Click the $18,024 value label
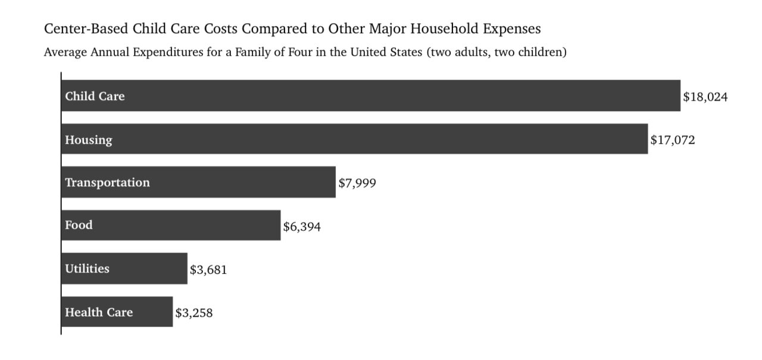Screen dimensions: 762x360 point(705,97)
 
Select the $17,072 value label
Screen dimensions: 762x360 point(673,140)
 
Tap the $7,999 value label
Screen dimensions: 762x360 point(357,183)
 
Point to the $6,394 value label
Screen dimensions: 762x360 point(302,226)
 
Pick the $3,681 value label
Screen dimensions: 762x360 point(208,270)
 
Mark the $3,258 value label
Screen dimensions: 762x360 point(194,313)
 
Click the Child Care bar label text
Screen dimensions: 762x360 point(95,96)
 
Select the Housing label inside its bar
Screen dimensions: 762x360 point(89,140)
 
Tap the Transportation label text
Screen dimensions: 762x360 point(108,183)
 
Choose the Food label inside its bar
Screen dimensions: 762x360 point(79,225)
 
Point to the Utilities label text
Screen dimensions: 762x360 point(87,268)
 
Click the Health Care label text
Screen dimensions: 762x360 point(99,312)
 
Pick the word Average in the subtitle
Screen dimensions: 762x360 point(65,52)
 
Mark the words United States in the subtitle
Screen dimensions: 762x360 point(386,52)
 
